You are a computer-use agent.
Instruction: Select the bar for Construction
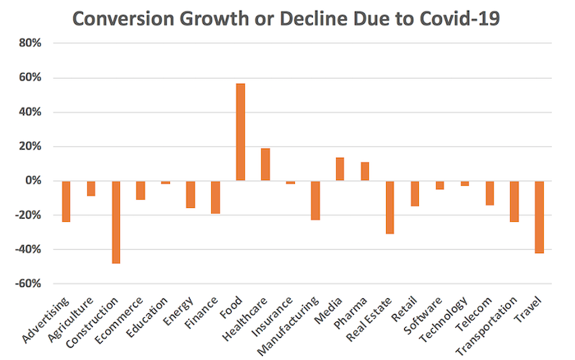click(116, 222)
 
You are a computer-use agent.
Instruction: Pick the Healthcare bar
click(265, 164)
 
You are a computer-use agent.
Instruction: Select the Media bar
click(340, 169)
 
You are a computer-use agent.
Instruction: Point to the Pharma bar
click(365, 172)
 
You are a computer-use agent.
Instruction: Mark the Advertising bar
click(67, 201)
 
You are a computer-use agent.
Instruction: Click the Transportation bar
click(514, 201)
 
